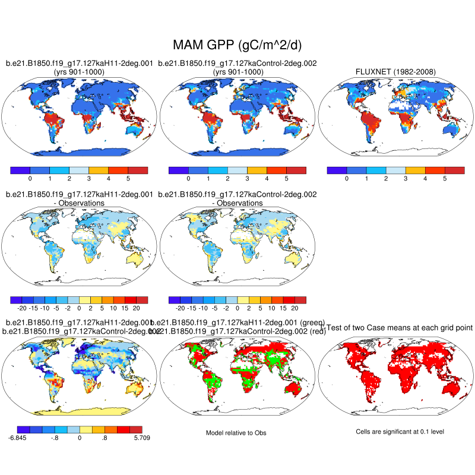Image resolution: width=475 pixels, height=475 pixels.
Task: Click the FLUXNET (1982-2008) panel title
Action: [x=395, y=72]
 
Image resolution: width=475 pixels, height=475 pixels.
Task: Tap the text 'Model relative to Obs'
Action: [x=236, y=433]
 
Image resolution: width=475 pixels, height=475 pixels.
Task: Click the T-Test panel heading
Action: [x=397, y=328]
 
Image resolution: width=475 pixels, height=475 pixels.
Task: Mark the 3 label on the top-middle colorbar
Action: [x=247, y=178]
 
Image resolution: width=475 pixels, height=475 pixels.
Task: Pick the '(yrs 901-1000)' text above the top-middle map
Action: [x=237, y=72]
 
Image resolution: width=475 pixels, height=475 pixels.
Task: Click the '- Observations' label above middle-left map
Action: [x=80, y=203]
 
